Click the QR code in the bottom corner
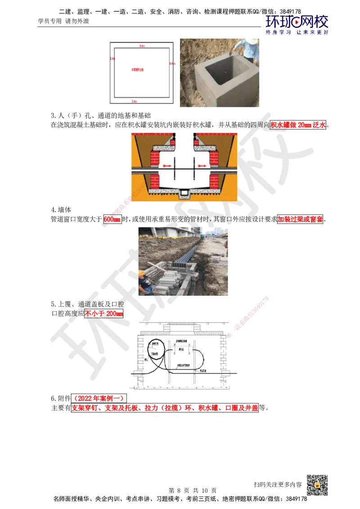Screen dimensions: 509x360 click(316, 485)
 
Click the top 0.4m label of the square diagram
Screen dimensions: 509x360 click(142, 46)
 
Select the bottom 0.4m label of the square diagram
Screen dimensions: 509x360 click(134, 102)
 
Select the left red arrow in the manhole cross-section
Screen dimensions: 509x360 click(167, 166)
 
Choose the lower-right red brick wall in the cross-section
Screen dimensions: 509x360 click(214, 181)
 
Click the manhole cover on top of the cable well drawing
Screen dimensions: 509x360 click(184, 330)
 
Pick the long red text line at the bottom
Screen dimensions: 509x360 click(165, 409)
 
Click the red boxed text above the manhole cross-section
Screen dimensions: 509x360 click(298, 125)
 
